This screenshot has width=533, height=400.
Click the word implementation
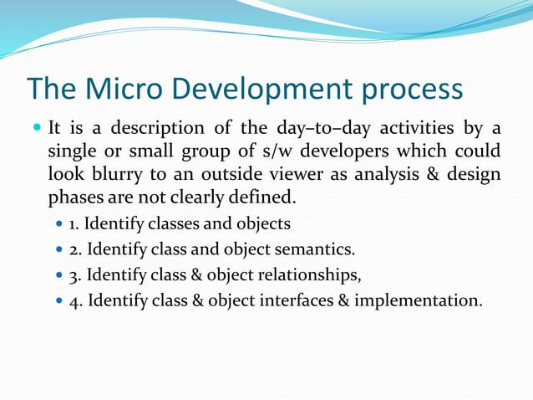tap(418, 300)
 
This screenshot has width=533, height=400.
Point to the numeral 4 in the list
tap(74, 300)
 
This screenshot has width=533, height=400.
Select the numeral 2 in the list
tap(74, 249)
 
